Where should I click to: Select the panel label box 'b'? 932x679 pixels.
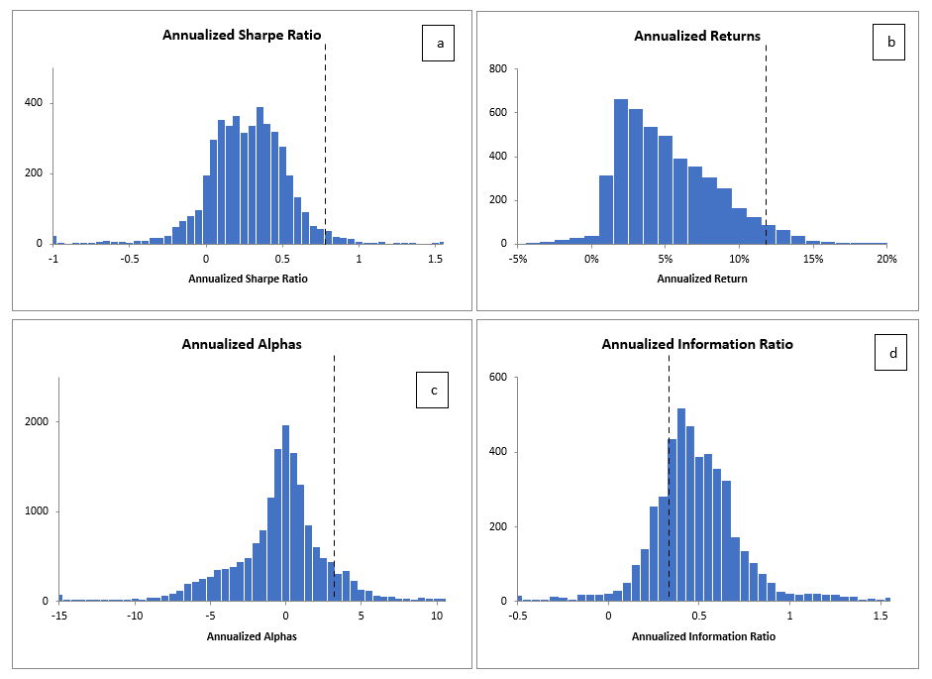point(889,45)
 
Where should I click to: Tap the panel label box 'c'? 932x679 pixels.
point(433,391)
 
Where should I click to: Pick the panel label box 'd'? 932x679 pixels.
point(890,354)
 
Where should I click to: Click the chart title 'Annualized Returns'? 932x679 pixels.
point(697,37)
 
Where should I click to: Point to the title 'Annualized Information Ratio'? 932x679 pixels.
point(697,345)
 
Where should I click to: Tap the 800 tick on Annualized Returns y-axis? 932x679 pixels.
point(497,69)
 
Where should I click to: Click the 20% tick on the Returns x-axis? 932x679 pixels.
point(886,259)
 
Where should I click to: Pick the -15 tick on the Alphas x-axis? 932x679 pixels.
point(59,617)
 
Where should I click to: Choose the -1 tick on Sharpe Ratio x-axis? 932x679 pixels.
point(53,259)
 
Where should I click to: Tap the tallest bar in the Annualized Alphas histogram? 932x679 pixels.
point(285,513)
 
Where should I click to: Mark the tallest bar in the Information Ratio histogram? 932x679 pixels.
point(681,505)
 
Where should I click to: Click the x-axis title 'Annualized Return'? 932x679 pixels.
point(702,279)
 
